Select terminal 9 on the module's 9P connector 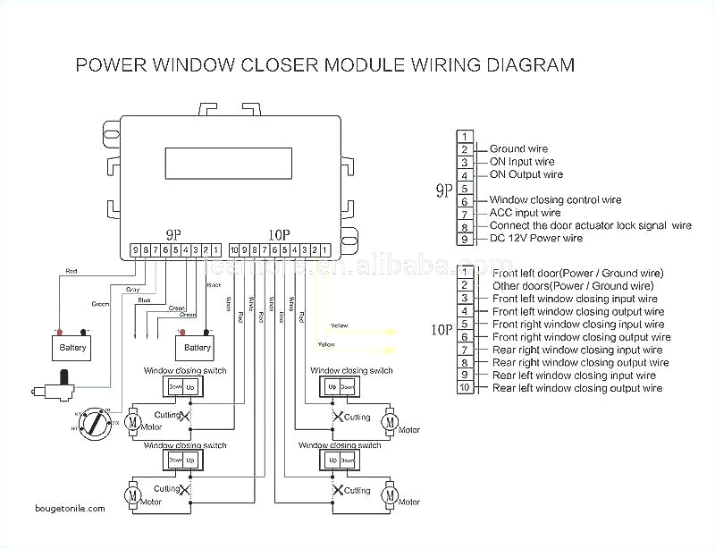coord(135,250)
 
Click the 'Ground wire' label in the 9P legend coord(518,149)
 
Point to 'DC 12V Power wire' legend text coord(535,239)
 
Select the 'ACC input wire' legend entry coord(525,213)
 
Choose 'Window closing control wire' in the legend coord(554,200)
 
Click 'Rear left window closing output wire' coord(577,389)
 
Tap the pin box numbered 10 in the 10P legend coord(464,389)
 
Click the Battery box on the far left coord(72,346)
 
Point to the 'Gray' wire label coord(132,289)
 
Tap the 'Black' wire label coord(213,284)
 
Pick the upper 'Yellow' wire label coord(340,325)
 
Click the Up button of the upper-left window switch coord(189,387)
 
